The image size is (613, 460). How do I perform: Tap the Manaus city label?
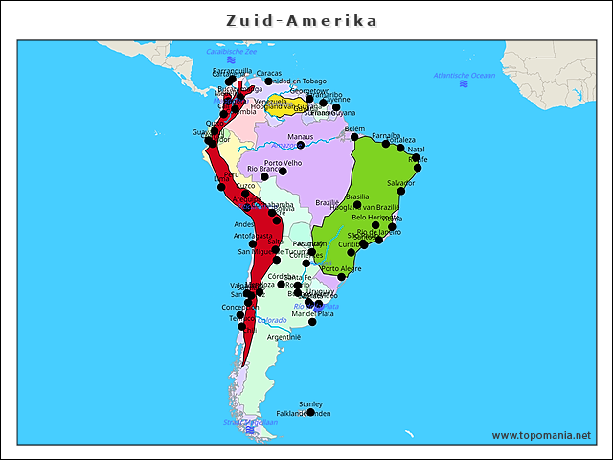(300, 137)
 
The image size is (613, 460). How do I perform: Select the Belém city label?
(354, 128)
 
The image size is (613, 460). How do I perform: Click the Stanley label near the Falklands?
(310, 404)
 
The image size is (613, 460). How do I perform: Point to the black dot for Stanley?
(310, 413)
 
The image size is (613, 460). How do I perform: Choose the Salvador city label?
(401, 182)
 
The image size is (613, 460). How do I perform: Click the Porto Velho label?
(283, 163)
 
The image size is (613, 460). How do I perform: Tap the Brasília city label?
(357, 196)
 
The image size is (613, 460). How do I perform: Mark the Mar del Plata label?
(313, 313)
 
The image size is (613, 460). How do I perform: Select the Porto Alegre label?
(342, 269)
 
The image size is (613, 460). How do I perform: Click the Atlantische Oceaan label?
(465, 75)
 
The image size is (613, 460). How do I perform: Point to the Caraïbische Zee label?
(225, 52)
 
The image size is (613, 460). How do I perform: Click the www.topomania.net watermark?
(541, 435)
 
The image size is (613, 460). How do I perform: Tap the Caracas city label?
(269, 73)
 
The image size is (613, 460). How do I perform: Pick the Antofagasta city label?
(253, 236)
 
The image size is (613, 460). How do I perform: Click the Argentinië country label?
(284, 337)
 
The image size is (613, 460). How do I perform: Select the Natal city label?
(416, 149)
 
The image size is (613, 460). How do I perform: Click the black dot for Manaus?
(300, 146)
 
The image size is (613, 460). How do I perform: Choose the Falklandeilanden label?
(303, 414)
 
